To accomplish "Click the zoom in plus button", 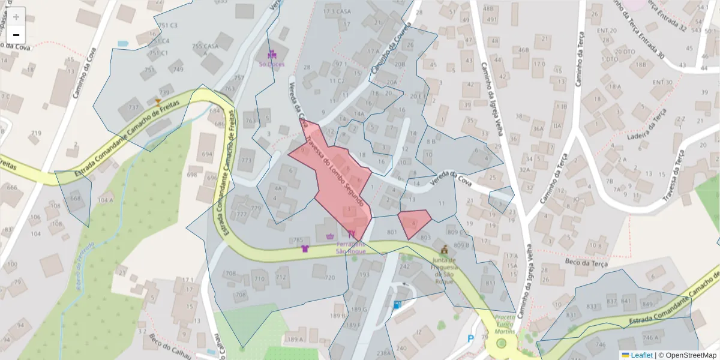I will [16, 17].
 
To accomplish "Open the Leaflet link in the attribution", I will [641, 355].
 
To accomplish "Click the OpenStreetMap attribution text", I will [690, 355].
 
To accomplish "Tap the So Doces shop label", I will [271, 63].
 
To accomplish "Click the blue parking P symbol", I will [470, 339].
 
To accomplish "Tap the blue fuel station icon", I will [397, 304].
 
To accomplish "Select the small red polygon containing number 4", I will [414, 223].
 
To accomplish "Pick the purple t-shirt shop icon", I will [304, 248].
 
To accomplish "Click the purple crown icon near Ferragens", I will [329, 236].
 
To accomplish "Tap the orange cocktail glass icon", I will [158, 103].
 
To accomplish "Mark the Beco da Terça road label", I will [586, 262].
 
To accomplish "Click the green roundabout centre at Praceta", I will [502, 343].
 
